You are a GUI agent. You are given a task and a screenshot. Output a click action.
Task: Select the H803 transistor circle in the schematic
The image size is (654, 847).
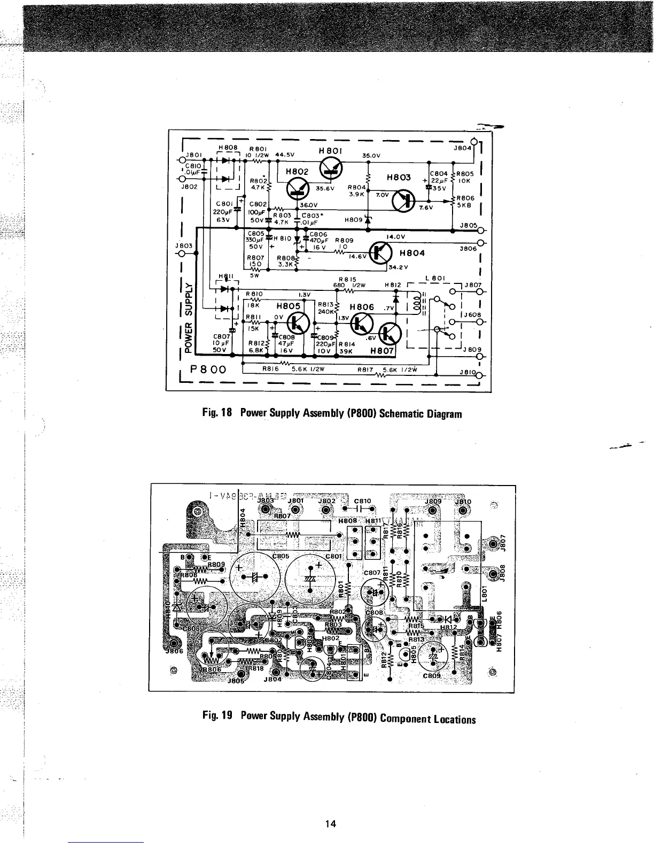404,201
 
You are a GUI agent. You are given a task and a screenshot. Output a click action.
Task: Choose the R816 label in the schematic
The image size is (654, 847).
271,368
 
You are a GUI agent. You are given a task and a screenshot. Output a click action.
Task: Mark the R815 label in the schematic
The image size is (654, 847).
347,279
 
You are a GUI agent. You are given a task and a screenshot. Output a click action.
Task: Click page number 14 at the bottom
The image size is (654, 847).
330,824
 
